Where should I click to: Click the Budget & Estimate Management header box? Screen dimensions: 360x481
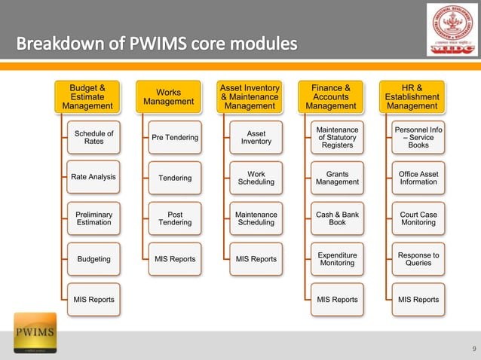(x=87, y=97)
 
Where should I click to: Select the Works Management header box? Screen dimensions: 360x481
(x=169, y=97)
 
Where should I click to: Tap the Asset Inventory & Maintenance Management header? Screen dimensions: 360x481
(x=250, y=97)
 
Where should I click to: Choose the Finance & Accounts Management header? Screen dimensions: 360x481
(x=331, y=97)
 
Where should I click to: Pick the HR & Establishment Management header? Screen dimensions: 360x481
(x=412, y=97)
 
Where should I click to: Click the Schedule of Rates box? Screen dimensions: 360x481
(x=93, y=137)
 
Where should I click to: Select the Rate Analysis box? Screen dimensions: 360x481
(x=93, y=177)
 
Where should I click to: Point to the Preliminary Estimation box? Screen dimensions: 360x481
(x=93, y=218)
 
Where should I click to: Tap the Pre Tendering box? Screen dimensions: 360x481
(x=175, y=137)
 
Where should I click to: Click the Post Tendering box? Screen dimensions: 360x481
(x=175, y=218)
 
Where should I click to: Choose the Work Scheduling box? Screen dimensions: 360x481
(x=256, y=178)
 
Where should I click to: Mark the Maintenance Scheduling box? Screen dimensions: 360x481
(x=256, y=218)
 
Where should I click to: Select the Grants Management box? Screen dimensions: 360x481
(x=337, y=178)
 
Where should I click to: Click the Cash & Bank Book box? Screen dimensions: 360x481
(x=337, y=218)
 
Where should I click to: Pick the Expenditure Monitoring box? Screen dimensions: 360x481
(x=337, y=259)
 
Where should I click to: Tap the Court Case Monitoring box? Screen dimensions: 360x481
(x=418, y=218)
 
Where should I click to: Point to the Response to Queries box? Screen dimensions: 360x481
(x=418, y=259)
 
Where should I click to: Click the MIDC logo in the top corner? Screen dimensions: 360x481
(x=452, y=30)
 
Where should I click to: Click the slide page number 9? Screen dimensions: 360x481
(x=473, y=348)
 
